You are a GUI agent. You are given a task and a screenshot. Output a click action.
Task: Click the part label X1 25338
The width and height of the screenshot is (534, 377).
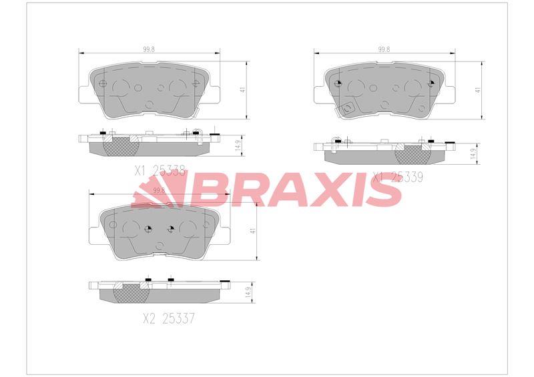(x=160, y=171)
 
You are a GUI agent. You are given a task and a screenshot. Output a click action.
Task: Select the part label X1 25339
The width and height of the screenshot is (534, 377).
(x=398, y=177)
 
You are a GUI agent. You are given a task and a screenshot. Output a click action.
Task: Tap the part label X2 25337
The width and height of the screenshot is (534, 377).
(x=169, y=319)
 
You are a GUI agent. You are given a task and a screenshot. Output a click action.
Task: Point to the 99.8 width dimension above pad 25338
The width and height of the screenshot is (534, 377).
(x=150, y=49)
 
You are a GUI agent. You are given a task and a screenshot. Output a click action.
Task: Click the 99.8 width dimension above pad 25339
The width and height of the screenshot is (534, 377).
(x=384, y=49)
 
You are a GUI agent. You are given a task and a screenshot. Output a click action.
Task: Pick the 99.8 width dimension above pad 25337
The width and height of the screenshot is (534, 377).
(x=159, y=190)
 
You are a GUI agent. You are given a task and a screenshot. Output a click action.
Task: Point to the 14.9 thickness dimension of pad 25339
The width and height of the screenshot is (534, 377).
(x=473, y=153)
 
